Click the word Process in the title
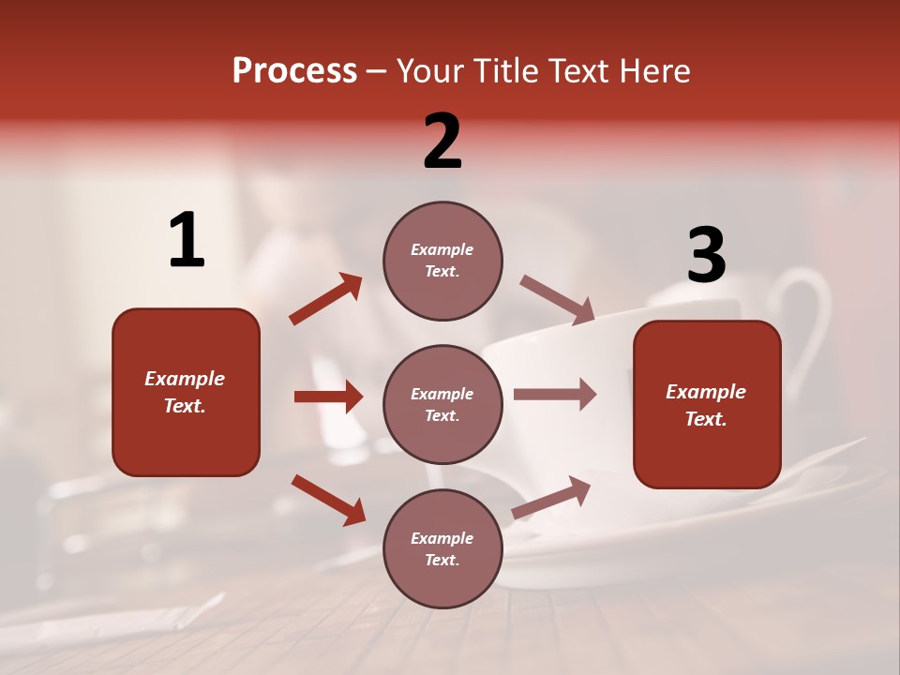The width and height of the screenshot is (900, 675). (x=294, y=71)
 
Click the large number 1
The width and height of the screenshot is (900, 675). (x=187, y=241)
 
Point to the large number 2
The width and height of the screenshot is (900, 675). (x=442, y=142)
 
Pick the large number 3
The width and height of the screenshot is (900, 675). (x=706, y=256)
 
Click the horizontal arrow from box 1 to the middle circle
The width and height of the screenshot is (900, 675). (x=328, y=397)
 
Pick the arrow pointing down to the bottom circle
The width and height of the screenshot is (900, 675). (x=328, y=500)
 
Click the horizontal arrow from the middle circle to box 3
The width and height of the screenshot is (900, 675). (x=555, y=394)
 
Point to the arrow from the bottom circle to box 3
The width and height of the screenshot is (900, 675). (x=551, y=497)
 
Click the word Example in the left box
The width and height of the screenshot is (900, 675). (x=185, y=379)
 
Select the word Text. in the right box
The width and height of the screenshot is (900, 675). (x=706, y=419)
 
